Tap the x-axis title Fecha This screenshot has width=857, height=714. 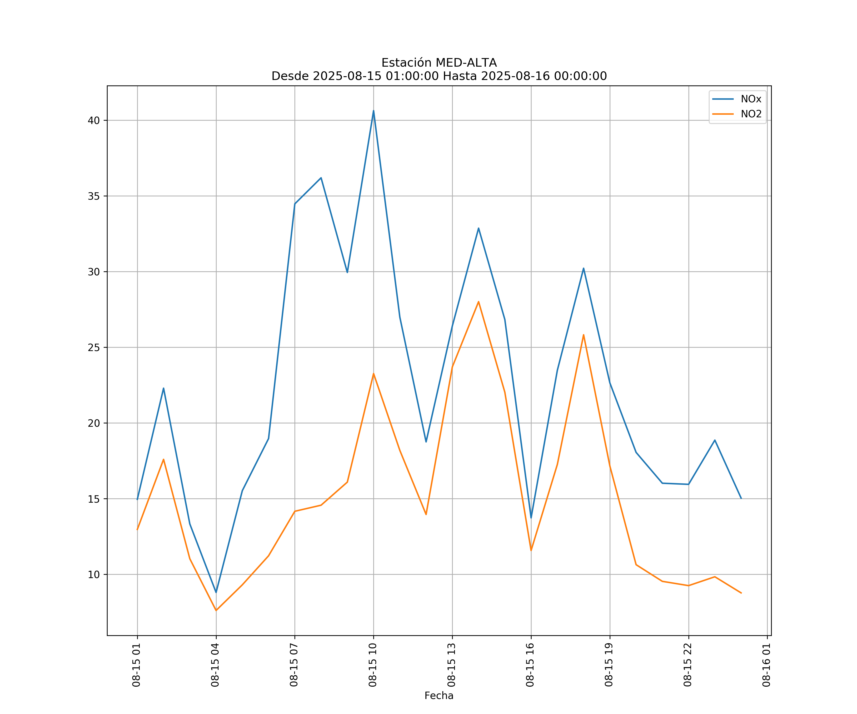click(439, 696)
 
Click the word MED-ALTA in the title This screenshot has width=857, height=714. click(466, 63)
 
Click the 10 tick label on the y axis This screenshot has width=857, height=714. click(94, 575)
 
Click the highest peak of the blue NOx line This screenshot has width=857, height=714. click(374, 111)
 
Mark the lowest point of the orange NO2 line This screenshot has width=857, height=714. click(216, 610)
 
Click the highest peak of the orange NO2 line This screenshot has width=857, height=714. click(478, 302)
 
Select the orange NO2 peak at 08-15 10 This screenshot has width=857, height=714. click(374, 373)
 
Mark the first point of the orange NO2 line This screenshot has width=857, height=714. click(137, 530)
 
